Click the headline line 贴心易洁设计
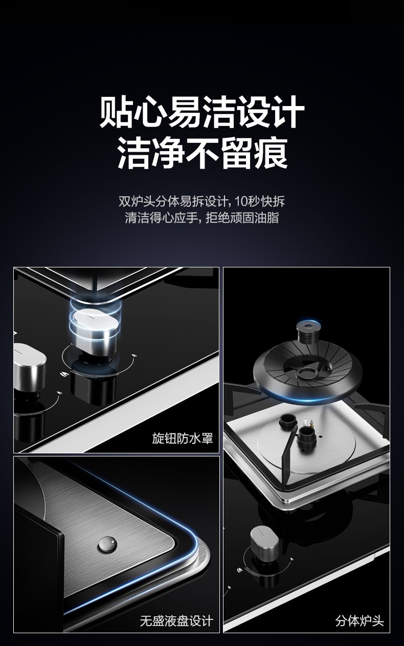tap(202, 112)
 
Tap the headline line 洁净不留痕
tap(203, 153)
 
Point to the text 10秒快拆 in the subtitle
tap(260, 201)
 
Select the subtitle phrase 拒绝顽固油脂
tap(242, 218)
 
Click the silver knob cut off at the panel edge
tap(30, 367)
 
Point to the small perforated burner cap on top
tap(308, 333)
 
